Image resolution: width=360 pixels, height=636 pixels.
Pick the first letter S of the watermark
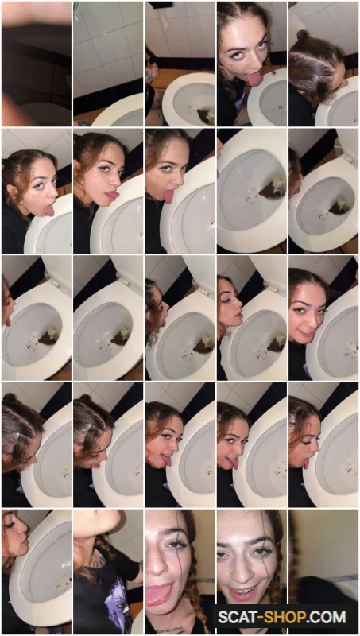tap(223, 617)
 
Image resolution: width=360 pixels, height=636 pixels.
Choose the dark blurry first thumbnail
tap(37, 64)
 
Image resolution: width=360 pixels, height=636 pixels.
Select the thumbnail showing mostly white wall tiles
tap(108, 64)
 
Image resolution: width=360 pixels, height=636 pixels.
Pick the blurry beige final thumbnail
tap(323, 572)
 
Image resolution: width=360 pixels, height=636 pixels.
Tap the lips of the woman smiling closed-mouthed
tap(307, 335)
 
